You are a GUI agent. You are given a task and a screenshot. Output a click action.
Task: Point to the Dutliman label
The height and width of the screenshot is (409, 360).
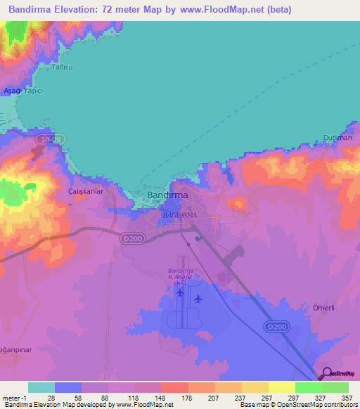point(338,138)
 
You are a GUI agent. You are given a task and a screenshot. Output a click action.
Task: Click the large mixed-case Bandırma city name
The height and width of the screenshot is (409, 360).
point(167,195)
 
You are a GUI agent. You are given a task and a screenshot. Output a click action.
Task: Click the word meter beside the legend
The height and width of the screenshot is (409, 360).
point(10,397)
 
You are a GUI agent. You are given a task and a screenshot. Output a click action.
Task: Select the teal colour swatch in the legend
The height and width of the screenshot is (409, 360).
point(41,387)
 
